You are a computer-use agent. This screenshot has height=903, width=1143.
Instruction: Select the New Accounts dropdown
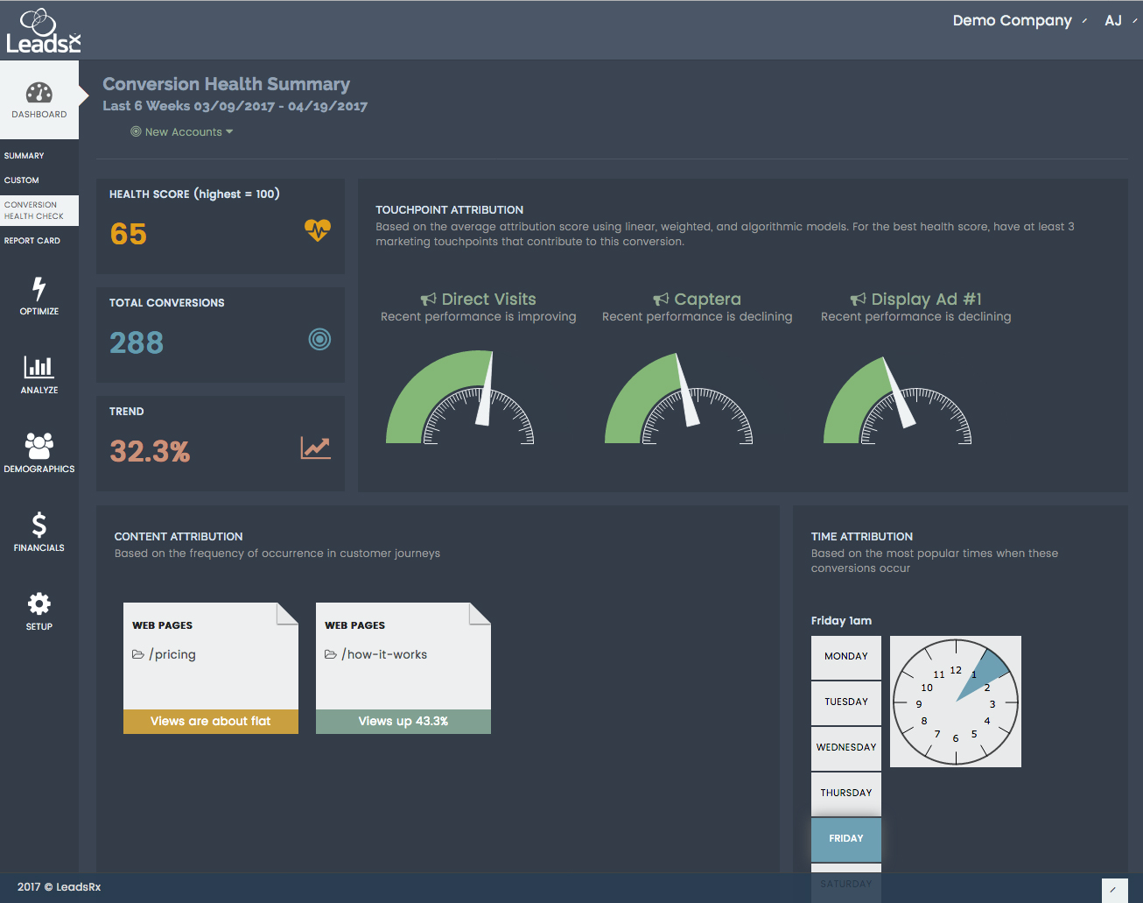(x=183, y=132)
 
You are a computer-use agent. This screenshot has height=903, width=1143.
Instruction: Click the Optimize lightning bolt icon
(x=39, y=288)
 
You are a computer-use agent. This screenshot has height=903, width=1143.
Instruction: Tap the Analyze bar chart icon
(x=39, y=366)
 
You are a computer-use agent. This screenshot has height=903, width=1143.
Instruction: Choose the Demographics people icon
(x=39, y=446)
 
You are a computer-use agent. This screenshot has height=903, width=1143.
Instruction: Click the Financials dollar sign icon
(x=39, y=525)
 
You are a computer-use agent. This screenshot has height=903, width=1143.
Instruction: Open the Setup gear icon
(x=39, y=603)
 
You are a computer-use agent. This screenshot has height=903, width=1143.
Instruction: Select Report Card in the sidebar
(x=32, y=241)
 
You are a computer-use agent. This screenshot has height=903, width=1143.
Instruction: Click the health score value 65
(x=129, y=234)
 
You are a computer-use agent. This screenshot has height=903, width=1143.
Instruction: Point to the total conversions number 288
(x=137, y=342)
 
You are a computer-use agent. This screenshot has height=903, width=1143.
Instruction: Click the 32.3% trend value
(x=150, y=451)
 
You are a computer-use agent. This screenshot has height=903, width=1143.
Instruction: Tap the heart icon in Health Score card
(x=318, y=229)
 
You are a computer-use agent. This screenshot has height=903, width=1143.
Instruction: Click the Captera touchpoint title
(x=707, y=300)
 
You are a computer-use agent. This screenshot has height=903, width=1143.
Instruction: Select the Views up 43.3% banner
(x=403, y=722)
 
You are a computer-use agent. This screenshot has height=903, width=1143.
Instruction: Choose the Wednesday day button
(x=845, y=747)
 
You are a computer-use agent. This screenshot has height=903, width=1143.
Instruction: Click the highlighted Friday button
(x=845, y=838)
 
